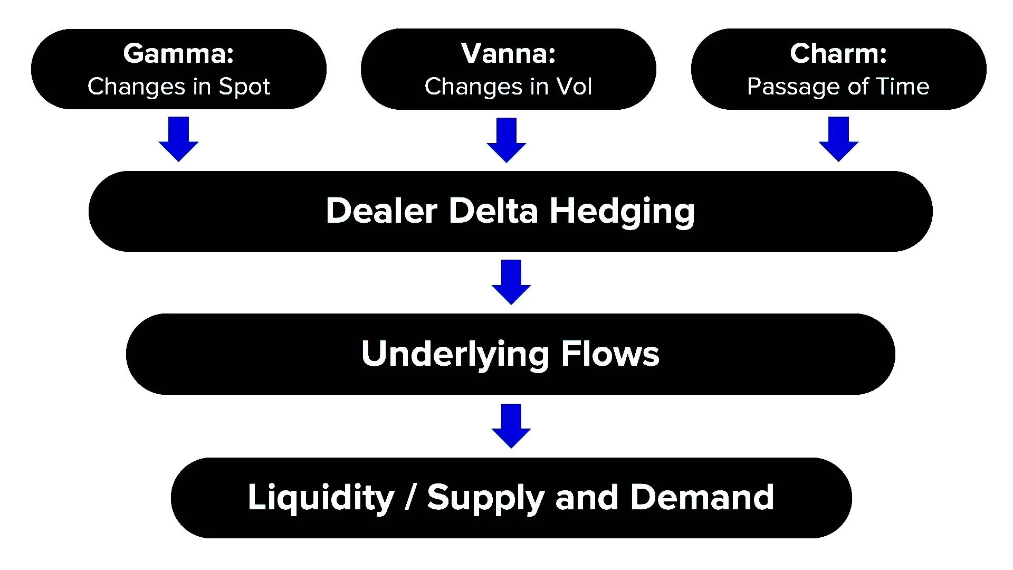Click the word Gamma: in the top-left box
click(178, 53)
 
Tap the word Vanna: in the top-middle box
click(508, 53)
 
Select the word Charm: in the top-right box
click(838, 53)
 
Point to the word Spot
click(244, 87)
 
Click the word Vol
click(575, 87)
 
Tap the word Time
click(903, 87)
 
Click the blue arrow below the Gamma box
click(178, 139)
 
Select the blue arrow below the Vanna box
click(506, 140)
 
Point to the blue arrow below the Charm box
click(838, 139)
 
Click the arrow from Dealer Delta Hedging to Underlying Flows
click(511, 282)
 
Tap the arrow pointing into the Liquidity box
click(511, 426)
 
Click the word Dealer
click(381, 211)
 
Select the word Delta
click(493, 211)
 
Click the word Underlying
click(455, 354)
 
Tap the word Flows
click(610, 354)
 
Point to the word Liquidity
click(321, 498)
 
